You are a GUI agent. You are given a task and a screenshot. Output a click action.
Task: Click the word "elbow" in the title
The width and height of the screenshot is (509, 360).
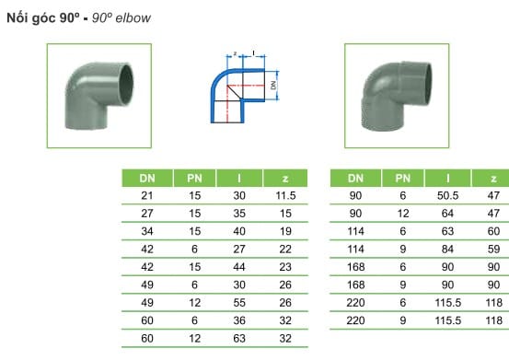(x=133, y=18)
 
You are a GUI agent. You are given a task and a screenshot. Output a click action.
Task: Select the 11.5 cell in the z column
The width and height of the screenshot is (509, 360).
(x=285, y=196)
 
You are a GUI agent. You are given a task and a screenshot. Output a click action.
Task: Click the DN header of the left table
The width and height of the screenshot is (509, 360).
(x=147, y=179)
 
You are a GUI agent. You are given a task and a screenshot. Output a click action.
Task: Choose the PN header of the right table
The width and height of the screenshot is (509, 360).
(x=403, y=179)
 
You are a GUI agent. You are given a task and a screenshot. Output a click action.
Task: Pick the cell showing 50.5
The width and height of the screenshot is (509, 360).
(x=447, y=196)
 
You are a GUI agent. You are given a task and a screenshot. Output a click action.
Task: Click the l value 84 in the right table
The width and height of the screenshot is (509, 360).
(x=447, y=250)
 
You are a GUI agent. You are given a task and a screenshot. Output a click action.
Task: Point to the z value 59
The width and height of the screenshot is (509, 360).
(x=493, y=250)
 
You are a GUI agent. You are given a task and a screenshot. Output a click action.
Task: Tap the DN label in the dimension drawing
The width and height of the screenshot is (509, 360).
(x=273, y=85)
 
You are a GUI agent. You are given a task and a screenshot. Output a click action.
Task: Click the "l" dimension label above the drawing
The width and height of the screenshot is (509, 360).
(x=253, y=52)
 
